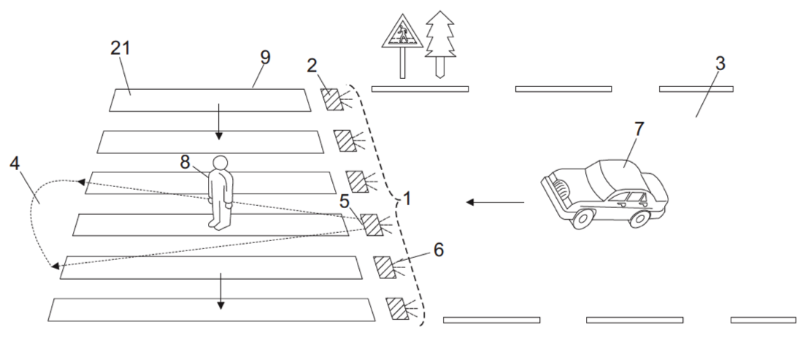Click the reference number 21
pyautogui.click(x=120, y=48)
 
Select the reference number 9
pyautogui.click(x=265, y=58)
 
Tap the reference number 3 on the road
pyautogui.click(x=720, y=64)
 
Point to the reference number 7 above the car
pyautogui.click(x=638, y=129)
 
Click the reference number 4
pyautogui.click(x=15, y=164)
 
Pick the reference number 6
pyautogui.click(x=438, y=250)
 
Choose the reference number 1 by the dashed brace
pyautogui.click(x=407, y=199)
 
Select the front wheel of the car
pyautogui.click(x=582, y=219)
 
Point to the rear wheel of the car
pyautogui.click(x=639, y=218)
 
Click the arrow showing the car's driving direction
pyautogui.click(x=495, y=202)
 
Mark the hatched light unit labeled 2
pyautogui.click(x=331, y=99)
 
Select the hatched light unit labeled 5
pyautogui.click(x=371, y=225)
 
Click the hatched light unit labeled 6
pyautogui.click(x=385, y=267)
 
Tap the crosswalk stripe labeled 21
pyautogui.click(x=209, y=100)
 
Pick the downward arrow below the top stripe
pyautogui.click(x=219, y=121)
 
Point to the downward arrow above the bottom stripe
pyautogui.click(x=220, y=291)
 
